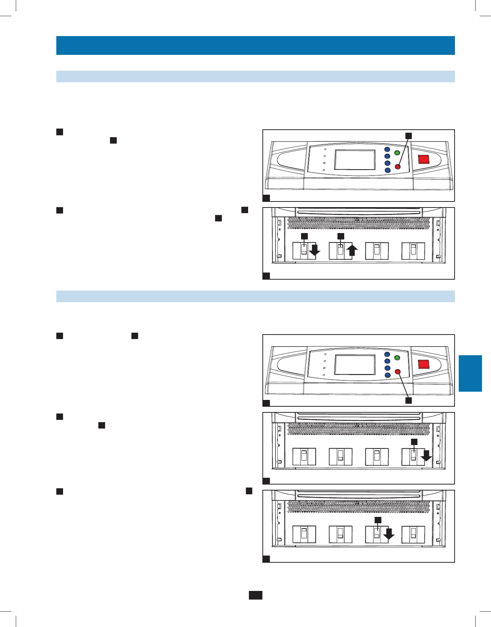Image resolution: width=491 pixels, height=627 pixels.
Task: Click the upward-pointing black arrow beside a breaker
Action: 352,250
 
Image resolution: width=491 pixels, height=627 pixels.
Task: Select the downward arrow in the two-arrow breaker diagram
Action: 315,250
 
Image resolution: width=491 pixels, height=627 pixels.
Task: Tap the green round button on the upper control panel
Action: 397,153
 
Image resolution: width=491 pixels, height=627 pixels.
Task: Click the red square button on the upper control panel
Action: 423,159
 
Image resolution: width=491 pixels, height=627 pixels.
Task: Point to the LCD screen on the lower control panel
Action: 355,365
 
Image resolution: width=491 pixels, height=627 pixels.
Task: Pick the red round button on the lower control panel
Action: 398,372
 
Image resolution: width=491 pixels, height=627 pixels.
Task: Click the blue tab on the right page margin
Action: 470,373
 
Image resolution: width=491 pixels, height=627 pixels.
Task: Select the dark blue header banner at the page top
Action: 255,45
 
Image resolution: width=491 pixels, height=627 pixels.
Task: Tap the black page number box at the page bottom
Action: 255,595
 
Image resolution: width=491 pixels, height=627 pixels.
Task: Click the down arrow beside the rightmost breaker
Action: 426,456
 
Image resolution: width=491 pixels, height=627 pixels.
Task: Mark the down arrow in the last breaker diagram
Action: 389,533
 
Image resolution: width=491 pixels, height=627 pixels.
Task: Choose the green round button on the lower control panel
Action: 397,358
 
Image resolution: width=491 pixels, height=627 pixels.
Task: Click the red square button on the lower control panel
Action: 423,364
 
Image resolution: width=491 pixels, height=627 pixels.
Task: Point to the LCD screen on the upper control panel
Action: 355,160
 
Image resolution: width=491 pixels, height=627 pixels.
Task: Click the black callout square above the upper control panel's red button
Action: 408,136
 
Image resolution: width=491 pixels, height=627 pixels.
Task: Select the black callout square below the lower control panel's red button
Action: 408,400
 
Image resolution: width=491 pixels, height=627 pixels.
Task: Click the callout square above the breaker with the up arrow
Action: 341,236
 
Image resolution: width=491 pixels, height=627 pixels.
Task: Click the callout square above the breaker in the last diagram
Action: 378,520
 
